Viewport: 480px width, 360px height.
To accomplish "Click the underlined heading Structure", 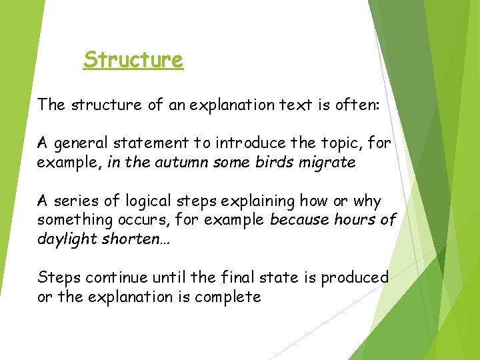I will point(133,60).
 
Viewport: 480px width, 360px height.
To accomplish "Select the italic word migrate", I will point(327,163).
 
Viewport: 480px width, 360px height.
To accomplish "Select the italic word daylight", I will point(67,239).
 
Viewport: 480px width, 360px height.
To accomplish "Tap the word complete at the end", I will point(231,297).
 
